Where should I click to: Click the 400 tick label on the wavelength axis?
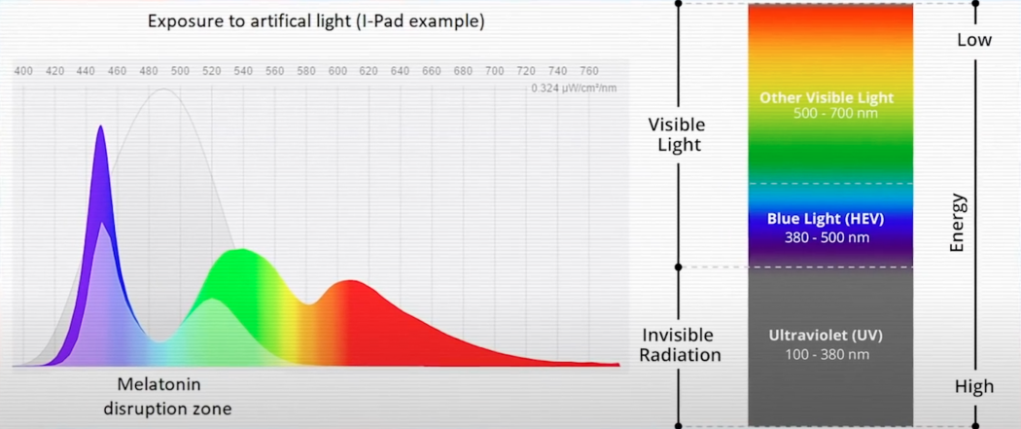click(x=23, y=70)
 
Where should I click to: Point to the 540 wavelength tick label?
click(x=243, y=70)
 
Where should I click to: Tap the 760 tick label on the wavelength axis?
click(x=589, y=70)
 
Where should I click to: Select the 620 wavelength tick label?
click(x=370, y=70)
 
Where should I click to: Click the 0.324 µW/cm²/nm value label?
click(x=574, y=88)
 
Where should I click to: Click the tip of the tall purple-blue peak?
click(x=100, y=125)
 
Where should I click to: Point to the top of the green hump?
click(x=241, y=249)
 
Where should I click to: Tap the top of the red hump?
click(x=351, y=280)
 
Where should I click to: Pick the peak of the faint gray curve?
click(x=163, y=89)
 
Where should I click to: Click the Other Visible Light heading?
click(x=827, y=98)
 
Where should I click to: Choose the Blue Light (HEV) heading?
click(x=826, y=219)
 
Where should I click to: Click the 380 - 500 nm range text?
click(x=827, y=237)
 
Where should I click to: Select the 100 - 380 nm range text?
click(x=827, y=355)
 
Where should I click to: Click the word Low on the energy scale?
click(x=974, y=40)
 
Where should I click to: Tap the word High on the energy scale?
click(x=974, y=387)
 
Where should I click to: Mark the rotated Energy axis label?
click(x=957, y=224)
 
